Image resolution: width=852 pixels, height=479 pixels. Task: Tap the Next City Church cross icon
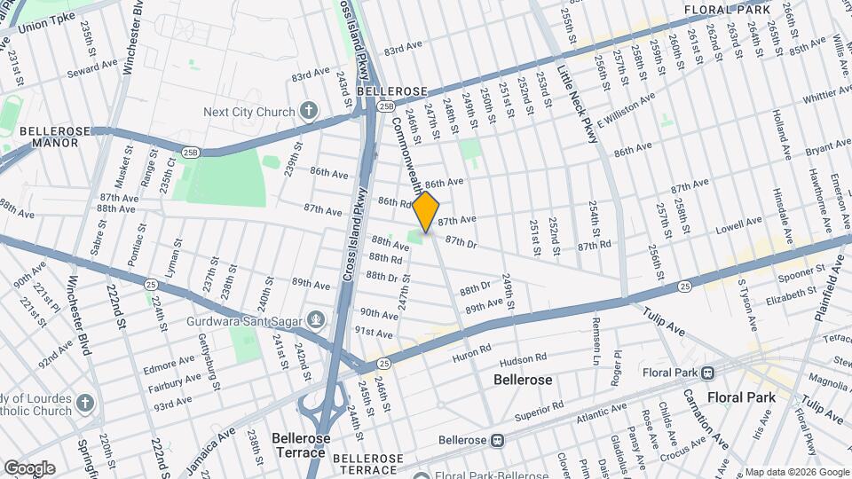coord(308,112)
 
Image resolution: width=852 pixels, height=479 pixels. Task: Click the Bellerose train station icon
coord(499,440)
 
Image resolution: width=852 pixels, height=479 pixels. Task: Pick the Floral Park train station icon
coord(707,373)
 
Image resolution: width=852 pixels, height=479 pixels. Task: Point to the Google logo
coord(28,468)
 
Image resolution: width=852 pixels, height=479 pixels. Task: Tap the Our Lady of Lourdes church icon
coord(85,404)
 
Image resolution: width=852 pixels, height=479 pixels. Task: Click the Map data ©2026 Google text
coord(796,472)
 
